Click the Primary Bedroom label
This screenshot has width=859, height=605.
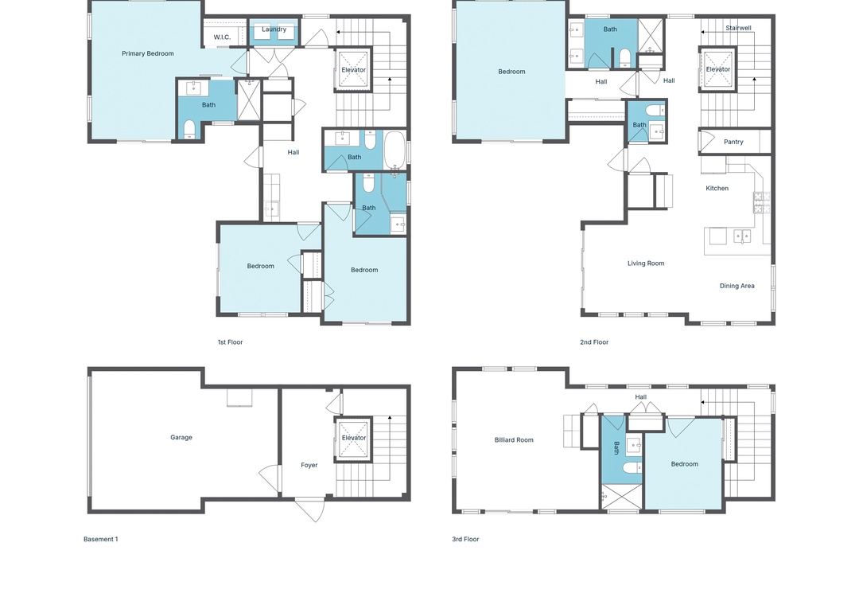point(148,54)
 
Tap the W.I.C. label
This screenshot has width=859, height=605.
point(222,37)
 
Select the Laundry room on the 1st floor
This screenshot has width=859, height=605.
point(274,33)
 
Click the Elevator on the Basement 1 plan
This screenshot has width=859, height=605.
point(353,438)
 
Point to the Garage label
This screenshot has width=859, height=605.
point(181,438)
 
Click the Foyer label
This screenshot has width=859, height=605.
point(309,465)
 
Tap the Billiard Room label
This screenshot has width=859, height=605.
point(514,440)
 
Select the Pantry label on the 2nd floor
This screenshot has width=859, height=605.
point(733,142)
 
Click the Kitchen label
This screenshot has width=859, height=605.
point(717,188)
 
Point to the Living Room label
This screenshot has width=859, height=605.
point(646,263)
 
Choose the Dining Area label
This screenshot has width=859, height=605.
point(737,286)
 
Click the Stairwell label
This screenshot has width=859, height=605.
point(738,28)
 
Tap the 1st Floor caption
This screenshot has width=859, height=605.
point(230,342)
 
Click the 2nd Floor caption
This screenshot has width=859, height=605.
point(594,342)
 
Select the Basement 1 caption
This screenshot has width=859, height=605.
point(101,539)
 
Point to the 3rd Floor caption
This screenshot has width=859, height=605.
point(465,539)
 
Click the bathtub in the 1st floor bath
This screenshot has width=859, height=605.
point(395,149)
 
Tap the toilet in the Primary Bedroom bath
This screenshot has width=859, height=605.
point(189,129)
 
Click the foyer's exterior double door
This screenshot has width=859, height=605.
point(310,509)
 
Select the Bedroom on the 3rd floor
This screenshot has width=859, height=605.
point(685,464)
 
